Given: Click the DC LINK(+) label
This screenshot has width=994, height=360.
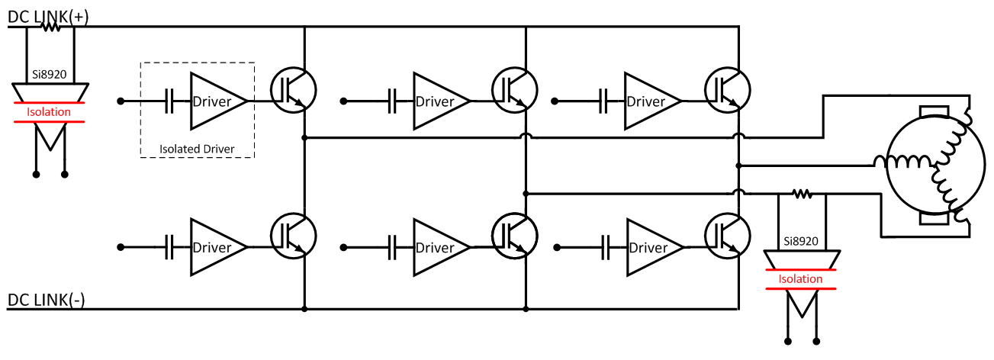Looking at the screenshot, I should [48, 16].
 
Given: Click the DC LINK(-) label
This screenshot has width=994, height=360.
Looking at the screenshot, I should [47, 300].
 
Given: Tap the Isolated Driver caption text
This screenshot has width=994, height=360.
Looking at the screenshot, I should [197, 148].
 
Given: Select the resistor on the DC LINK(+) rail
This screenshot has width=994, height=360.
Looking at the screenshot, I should [50, 27].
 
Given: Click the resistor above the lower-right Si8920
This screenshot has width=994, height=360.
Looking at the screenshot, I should [801, 194].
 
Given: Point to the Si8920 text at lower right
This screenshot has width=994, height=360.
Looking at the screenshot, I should [801, 241].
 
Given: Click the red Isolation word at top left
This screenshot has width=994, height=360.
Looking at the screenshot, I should [49, 112].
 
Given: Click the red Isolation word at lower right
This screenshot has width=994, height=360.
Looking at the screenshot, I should [800, 279].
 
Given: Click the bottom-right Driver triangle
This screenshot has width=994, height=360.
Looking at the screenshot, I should [650, 247].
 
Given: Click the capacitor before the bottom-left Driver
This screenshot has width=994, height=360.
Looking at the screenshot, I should [171, 247].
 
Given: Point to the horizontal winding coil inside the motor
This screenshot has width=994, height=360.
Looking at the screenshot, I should [902, 162].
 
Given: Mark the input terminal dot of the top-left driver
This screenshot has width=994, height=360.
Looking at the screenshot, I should [120, 101].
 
